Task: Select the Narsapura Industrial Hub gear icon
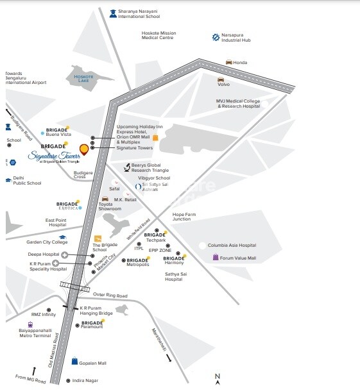pyautogui.click(x=216, y=38)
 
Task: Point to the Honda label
pyautogui.click(x=240, y=62)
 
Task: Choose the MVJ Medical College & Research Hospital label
pyautogui.click(x=238, y=103)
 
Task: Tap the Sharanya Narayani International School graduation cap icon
pyautogui.click(x=113, y=12)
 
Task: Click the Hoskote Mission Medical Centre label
pyautogui.click(x=159, y=35)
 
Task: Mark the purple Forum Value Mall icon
pyautogui.click(x=216, y=258)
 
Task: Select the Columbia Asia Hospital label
pyautogui.click(x=232, y=245)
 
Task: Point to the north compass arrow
pyautogui.click(x=218, y=381)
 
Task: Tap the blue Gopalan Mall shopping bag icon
pyautogui.click(x=74, y=362)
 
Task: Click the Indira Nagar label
pyautogui.click(x=86, y=381)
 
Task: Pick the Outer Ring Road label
pyautogui.click(x=110, y=295)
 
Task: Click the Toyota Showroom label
pyautogui.click(x=110, y=206)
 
